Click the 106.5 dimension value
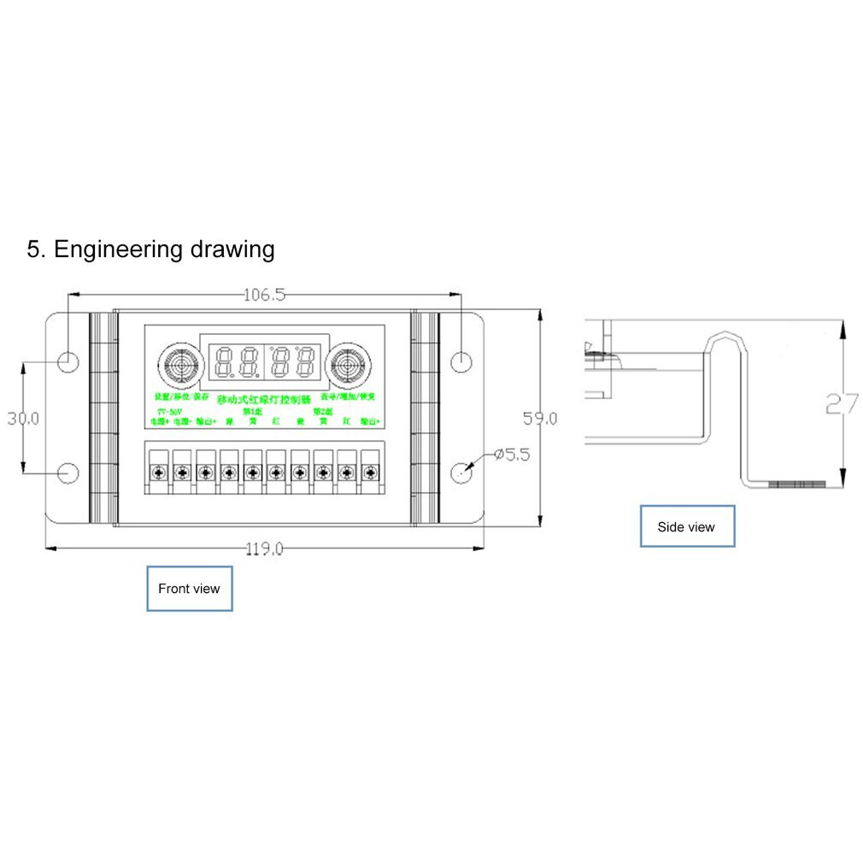pos(264,296)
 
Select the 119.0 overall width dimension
pos(264,549)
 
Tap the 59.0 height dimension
pos(540,418)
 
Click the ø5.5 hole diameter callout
pos(512,455)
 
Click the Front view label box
pos(189,589)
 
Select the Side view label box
pos(687,526)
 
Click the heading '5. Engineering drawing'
pos(151,250)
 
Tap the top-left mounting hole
pos(68,361)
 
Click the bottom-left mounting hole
pos(68,473)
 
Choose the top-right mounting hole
pos(461,361)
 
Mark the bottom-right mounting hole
pos(461,472)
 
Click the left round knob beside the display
pos(177,365)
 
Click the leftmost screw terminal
pos(157,472)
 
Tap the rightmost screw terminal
pos(370,472)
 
